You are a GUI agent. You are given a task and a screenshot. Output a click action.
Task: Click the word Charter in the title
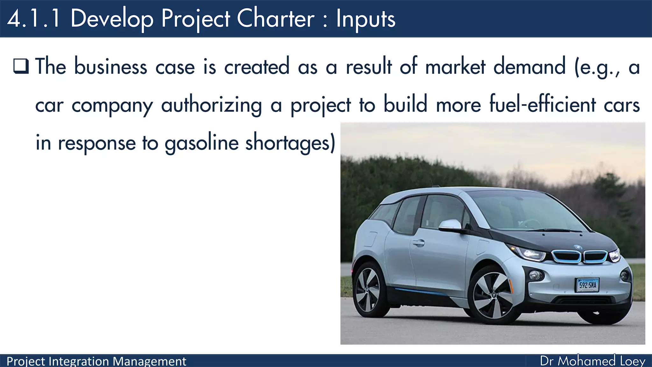(276, 18)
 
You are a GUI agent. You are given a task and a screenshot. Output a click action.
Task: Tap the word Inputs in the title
(365, 19)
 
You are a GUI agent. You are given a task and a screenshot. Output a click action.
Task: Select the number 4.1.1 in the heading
(34, 18)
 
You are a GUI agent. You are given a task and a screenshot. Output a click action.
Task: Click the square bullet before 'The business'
(21, 66)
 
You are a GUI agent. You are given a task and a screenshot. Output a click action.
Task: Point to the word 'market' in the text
(455, 67)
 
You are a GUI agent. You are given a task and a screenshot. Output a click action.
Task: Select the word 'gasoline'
(202, 143)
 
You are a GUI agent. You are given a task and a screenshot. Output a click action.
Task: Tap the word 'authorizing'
(212, 105)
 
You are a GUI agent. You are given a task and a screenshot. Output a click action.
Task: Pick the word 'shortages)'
(290, 143)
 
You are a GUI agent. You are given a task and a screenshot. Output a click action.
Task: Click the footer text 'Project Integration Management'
(96, 361)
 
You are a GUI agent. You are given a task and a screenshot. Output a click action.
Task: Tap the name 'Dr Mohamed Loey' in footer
(592, 361)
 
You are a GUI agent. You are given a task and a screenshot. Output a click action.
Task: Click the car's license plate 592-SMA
(587, 285)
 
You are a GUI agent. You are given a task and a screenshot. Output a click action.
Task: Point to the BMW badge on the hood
(578, 247)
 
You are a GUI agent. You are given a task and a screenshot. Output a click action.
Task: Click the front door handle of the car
(418, 243)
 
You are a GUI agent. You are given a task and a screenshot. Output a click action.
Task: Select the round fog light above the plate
(536, 275)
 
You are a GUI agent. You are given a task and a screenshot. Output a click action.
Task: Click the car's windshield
(525, 212)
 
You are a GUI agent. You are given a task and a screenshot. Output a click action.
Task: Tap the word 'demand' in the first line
(529, 67)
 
